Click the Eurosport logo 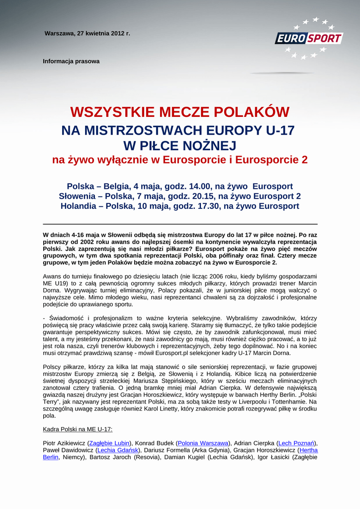pyautogui.click(x=309, y=38)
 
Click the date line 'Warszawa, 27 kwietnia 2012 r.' pyautogui.click(x=87, y=34)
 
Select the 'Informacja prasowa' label pyautogui.click(x=71, y=62)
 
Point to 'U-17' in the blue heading pyautogui.click(x=280, y=131)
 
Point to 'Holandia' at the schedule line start pyautogui.click(x=80, y=206)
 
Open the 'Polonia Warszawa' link pyautogui.click(x=203, y=443)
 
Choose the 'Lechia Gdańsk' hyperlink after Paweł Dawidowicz pyautogui.click(x=119, y=450)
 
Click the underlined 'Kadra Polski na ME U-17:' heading pyautogui.click(x=78, y=429)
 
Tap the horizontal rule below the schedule pyautogui.click(x=180, y=224)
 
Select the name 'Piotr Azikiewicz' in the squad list pyautogui.click(x=64, y=443)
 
